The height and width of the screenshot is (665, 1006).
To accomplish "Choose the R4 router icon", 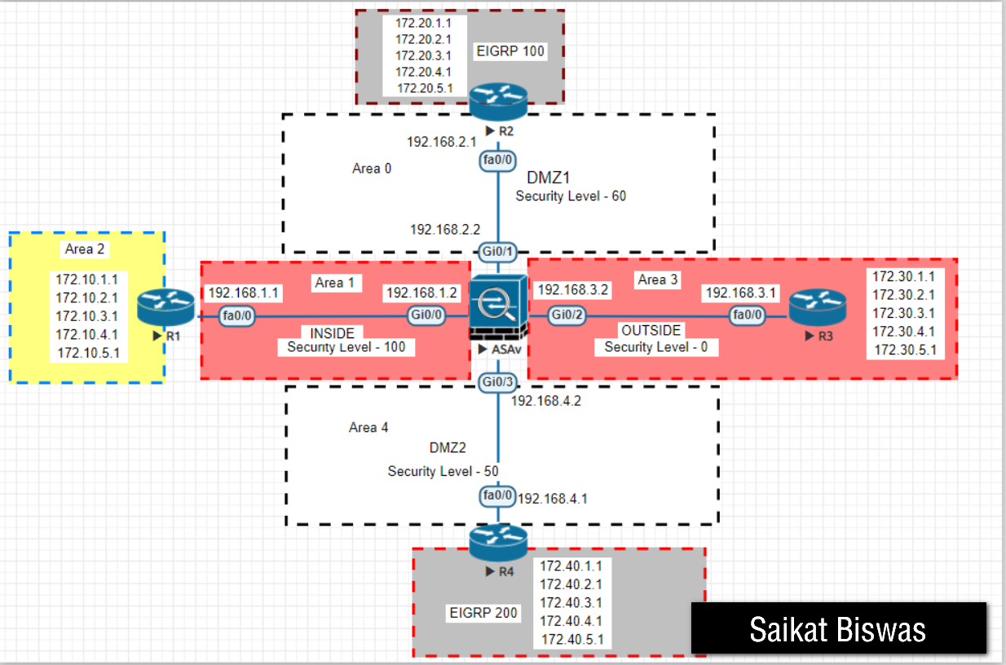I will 498,543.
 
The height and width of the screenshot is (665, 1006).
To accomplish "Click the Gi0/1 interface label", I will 498,252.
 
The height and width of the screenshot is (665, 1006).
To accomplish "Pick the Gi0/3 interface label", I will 498,382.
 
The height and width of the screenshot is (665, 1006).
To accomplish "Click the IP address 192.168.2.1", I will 441,142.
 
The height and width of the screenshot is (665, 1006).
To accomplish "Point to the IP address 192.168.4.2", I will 545,400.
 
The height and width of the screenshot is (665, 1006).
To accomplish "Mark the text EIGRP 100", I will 510,51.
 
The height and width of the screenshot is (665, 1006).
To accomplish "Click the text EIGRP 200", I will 483,613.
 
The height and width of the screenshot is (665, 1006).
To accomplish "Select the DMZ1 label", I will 548,177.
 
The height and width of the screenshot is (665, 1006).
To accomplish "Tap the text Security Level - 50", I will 443,471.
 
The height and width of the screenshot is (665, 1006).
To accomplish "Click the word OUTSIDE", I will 651,331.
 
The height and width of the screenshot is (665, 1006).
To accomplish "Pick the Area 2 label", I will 86,249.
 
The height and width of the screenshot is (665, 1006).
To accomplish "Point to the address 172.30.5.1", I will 904,350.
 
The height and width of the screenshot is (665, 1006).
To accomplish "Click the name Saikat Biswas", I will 837,630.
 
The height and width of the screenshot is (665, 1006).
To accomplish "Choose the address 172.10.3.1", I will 86,316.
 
